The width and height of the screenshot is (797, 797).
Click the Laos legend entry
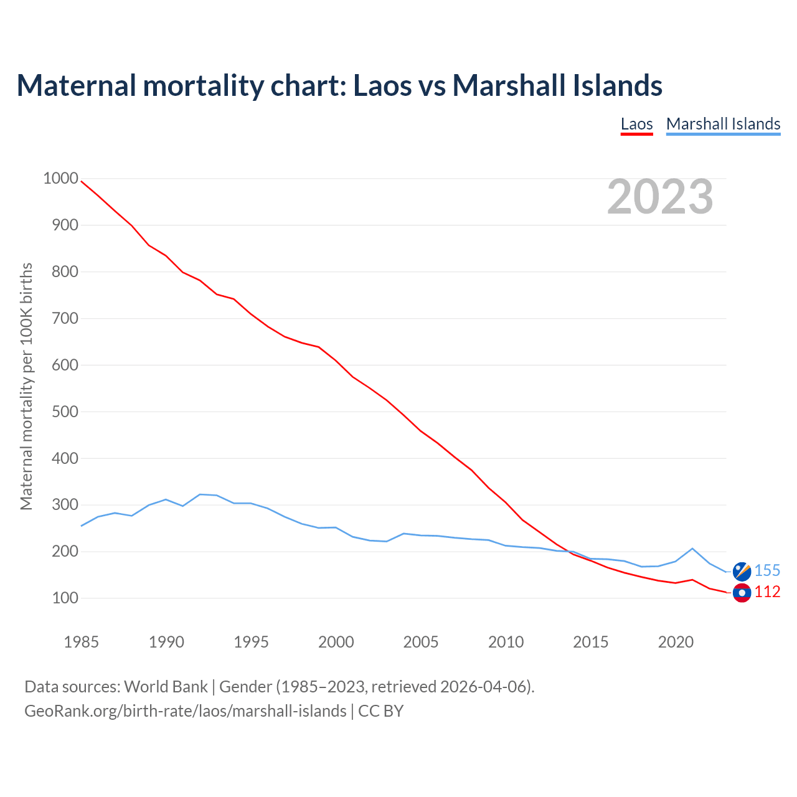tap(636, 124)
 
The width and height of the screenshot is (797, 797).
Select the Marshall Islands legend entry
tap(723, 124)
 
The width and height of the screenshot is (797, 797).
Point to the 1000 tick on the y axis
tap(60, 179)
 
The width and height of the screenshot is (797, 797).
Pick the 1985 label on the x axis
tap(81, 642)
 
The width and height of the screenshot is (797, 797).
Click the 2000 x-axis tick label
tap(336, 642)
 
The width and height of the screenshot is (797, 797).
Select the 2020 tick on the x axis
tap(676, 642)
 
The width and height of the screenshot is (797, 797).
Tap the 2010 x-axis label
tap(506, 642)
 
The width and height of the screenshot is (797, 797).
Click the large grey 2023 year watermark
tap(660, 197)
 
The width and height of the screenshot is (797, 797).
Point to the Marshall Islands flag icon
tap(742, 571)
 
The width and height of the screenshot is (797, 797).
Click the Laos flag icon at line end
tap(742, 593)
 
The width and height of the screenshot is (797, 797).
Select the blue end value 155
tap(767, 571)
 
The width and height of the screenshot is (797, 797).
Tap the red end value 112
tap(767, 592)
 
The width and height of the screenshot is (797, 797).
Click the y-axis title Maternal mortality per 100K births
tap(26, 386)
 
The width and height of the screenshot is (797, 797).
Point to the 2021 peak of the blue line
tap(692, 549)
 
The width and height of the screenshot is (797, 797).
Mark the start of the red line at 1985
tap(82, 181)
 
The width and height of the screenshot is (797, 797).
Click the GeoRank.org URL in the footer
tap(185, 710)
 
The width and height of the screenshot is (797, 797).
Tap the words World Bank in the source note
tap(166, 687)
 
